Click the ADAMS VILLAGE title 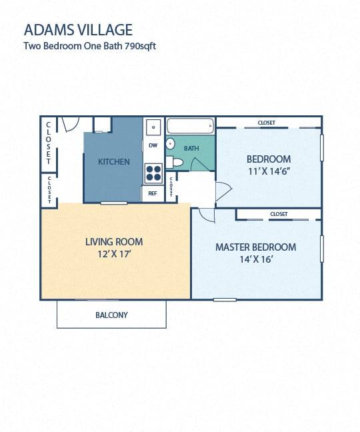78,30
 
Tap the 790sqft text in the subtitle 141,46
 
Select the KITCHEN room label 114,162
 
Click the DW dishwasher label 153,145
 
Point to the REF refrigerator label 153,193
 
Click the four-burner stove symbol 153,173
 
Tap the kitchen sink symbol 153,127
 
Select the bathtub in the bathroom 190,126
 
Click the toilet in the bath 175,162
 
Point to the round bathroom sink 170,144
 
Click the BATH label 191,149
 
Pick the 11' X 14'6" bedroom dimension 269,171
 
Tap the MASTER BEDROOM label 255,247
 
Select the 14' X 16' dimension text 256,259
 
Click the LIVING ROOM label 114,242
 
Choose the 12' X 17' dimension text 114,254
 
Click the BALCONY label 111,315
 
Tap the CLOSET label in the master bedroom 279,214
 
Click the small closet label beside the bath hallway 171,187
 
